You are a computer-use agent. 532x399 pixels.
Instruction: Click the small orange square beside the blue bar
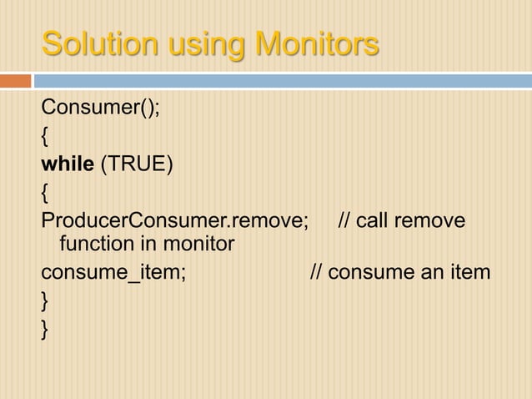(x=15, y=81)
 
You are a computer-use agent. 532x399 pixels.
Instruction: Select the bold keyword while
(x=68, y=163)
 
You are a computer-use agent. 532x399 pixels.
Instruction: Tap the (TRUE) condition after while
(x=137, y=163)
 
